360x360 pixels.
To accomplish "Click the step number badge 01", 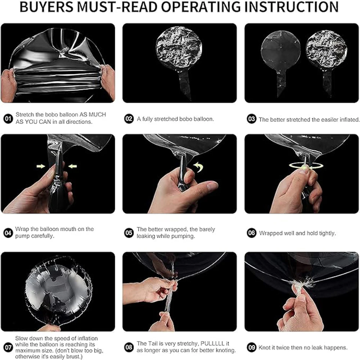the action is point(8,119).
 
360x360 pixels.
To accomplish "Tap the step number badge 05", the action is point(129,233).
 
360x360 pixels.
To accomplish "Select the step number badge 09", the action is point(251,347).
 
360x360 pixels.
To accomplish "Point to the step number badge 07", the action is point(8,347).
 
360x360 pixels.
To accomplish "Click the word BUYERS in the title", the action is point(46,7).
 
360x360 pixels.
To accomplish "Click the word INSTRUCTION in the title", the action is point(292,7).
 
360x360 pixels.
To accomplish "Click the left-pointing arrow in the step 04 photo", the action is point(73,166).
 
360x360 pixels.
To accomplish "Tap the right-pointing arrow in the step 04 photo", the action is point(41,166).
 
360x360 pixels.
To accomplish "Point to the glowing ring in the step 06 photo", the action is point(306,166).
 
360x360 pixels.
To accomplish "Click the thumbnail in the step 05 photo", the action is point(212,185).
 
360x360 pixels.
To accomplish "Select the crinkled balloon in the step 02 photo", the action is point(179,62).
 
